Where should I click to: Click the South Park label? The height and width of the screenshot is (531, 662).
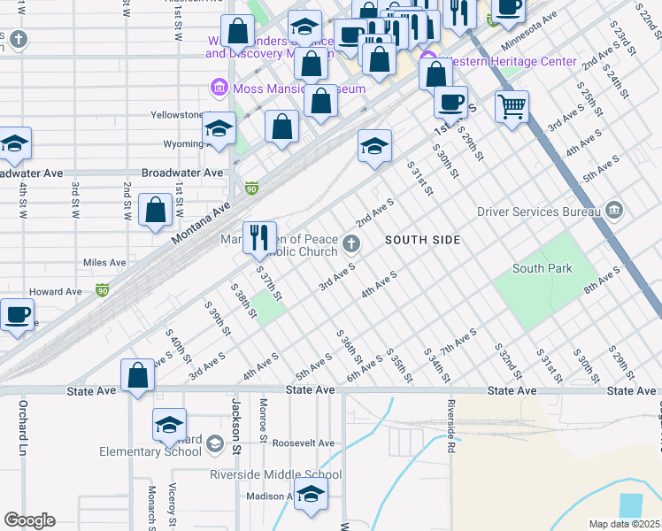[542, 268]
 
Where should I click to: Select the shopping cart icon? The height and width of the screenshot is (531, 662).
[512, 107]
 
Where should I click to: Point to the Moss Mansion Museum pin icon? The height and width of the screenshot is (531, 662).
[218, 88]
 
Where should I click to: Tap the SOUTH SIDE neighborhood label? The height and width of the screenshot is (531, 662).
[422, 240]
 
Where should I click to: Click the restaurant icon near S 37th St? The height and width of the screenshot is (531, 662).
[259, 236]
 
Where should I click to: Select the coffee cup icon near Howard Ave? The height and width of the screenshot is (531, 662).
[18, 314]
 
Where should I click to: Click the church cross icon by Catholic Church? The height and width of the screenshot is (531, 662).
[351, 243]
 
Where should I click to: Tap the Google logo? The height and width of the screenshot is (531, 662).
[29, 520]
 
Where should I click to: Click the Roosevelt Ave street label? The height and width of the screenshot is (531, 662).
[304, 443]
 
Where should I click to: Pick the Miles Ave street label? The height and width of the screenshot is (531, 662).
[104, 263]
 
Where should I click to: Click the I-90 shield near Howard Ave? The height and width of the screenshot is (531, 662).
[103, 289]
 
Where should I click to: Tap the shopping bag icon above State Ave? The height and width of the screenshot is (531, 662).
[138, 375]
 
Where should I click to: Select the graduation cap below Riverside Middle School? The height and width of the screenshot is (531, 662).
[311, 496]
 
